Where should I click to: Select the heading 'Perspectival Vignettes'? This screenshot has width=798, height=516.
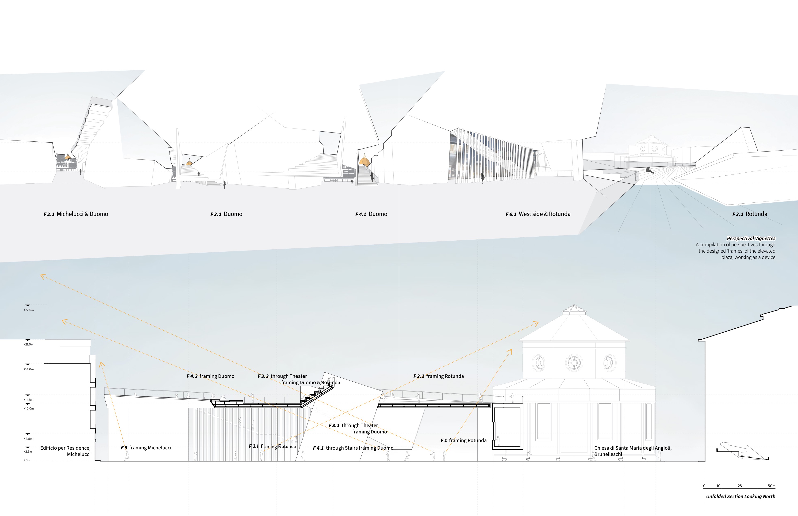(751, 239)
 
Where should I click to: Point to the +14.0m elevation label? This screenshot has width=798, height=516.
(29, 369)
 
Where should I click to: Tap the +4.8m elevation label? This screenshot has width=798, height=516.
(28, 439)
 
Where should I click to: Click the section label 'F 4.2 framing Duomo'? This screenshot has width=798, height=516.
(210, 376)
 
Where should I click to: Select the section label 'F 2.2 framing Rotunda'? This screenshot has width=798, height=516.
(439, 376)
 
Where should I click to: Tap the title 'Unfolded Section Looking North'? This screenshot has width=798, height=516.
(740, 497)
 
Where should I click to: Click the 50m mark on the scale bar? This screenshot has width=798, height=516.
(771, 486)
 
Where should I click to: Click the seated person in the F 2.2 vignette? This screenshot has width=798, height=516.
(649, 171)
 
